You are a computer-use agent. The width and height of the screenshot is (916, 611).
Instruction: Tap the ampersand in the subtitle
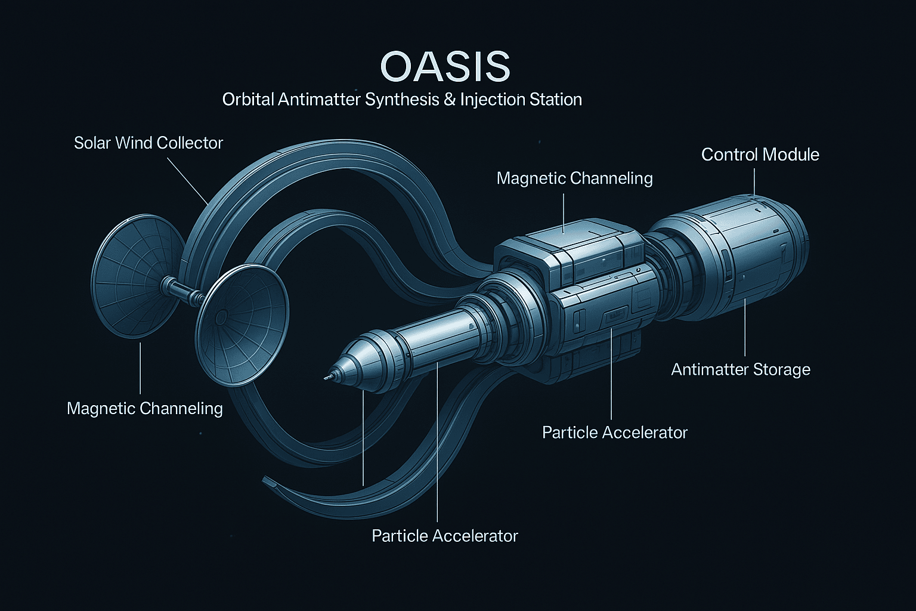pos(449,99)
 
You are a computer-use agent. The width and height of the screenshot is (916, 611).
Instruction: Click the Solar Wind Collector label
pos(148,143)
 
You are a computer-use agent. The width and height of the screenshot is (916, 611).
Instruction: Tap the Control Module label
pos(760,155)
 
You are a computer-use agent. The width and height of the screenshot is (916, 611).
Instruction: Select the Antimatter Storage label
pos(740,369)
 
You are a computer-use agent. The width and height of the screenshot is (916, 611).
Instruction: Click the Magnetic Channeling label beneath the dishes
pos(144,409)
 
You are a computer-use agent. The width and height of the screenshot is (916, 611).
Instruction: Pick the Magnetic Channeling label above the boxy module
pos(574,178)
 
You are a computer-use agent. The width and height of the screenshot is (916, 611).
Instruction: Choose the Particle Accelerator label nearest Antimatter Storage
pos(614,433)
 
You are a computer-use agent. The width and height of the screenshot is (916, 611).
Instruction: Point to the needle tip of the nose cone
pos(326,377)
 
